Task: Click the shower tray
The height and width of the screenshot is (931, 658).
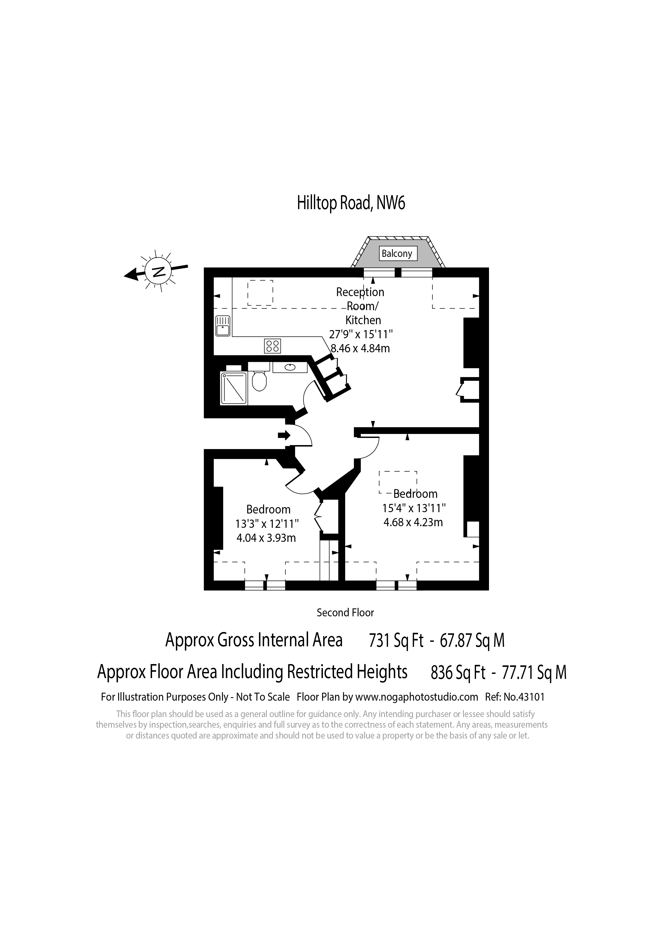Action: coord(233,388)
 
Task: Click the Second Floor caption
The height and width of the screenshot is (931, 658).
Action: coord(345,612)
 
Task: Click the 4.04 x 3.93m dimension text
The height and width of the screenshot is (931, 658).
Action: coord(266,538)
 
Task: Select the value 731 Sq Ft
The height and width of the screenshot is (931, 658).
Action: coord(396,641)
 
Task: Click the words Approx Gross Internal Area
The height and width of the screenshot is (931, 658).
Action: coord(254,641)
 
